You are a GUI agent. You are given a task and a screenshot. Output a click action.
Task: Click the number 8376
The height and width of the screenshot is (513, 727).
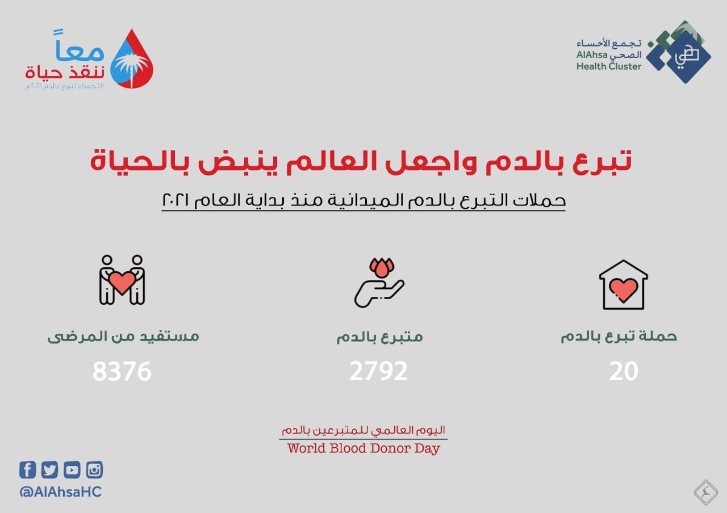(x=122, y=371)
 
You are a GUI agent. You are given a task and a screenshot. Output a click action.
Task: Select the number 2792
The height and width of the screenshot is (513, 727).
(x=378, y=371)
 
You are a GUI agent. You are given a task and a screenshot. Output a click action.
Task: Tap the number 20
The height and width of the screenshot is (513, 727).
(x=624, y=371)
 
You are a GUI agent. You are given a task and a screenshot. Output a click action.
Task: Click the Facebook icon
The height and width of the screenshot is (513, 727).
(x=28, y=469)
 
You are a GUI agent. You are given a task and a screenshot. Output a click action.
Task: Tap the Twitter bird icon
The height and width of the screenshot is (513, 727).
(x=49, y=469)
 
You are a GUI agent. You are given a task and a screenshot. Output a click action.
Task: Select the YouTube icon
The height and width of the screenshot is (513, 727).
(x=72, y=469)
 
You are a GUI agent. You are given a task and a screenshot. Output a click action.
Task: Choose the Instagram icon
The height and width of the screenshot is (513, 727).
(x=94, y=469)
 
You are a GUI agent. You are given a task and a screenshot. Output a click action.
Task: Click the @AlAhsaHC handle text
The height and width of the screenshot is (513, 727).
(x=61, y=492)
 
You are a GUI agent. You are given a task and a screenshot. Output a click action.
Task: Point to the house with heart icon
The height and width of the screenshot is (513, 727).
(x=624, y=285)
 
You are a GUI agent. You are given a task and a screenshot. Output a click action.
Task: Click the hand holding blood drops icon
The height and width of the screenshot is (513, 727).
(x=379, y=283)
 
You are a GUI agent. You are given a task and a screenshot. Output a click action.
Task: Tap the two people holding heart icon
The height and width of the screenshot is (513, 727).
(x=122, y=280)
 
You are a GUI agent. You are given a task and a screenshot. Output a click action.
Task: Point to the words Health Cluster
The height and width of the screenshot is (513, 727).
(x=609, y=66)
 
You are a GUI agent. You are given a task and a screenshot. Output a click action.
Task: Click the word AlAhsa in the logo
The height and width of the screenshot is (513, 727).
(x=592, y=55)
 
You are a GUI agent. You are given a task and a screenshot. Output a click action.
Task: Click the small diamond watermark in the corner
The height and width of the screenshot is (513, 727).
(x=705, y=493)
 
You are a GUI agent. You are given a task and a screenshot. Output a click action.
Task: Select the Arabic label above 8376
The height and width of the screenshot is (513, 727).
(x=123, y=337)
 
